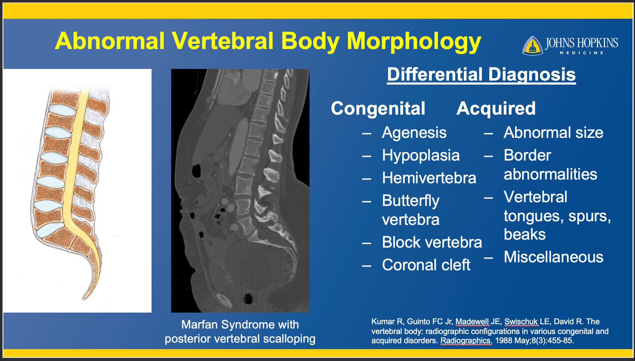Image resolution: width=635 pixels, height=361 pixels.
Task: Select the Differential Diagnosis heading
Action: click(481, 75)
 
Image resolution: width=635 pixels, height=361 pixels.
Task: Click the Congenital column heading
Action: click(378, 108)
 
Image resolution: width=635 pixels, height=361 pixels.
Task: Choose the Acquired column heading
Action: click(496, 108)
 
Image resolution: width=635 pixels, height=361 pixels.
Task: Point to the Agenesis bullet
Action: click(414, 133)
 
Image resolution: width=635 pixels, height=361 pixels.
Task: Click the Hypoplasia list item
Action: click(421, 156)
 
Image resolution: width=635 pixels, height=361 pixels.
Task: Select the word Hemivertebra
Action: click(429, 178)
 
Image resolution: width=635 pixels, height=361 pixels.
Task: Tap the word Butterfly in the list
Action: click(411, 201)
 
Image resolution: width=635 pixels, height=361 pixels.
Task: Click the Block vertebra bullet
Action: click(432, 242)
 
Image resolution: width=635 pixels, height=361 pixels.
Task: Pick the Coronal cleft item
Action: click(426, 265)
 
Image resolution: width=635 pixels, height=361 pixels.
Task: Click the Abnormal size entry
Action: click(553, 133)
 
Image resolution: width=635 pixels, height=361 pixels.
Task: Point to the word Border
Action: click(527, 155)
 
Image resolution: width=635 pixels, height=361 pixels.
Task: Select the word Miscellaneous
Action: click(553, 257)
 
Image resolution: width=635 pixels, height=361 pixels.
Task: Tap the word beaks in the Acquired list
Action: click(525, 234)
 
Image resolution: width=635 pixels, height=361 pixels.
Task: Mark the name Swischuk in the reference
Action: click(522, 322)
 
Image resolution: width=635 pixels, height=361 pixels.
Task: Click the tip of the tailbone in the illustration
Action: click(84, 298)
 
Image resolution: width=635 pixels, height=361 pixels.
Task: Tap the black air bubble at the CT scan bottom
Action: click(248, 299)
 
